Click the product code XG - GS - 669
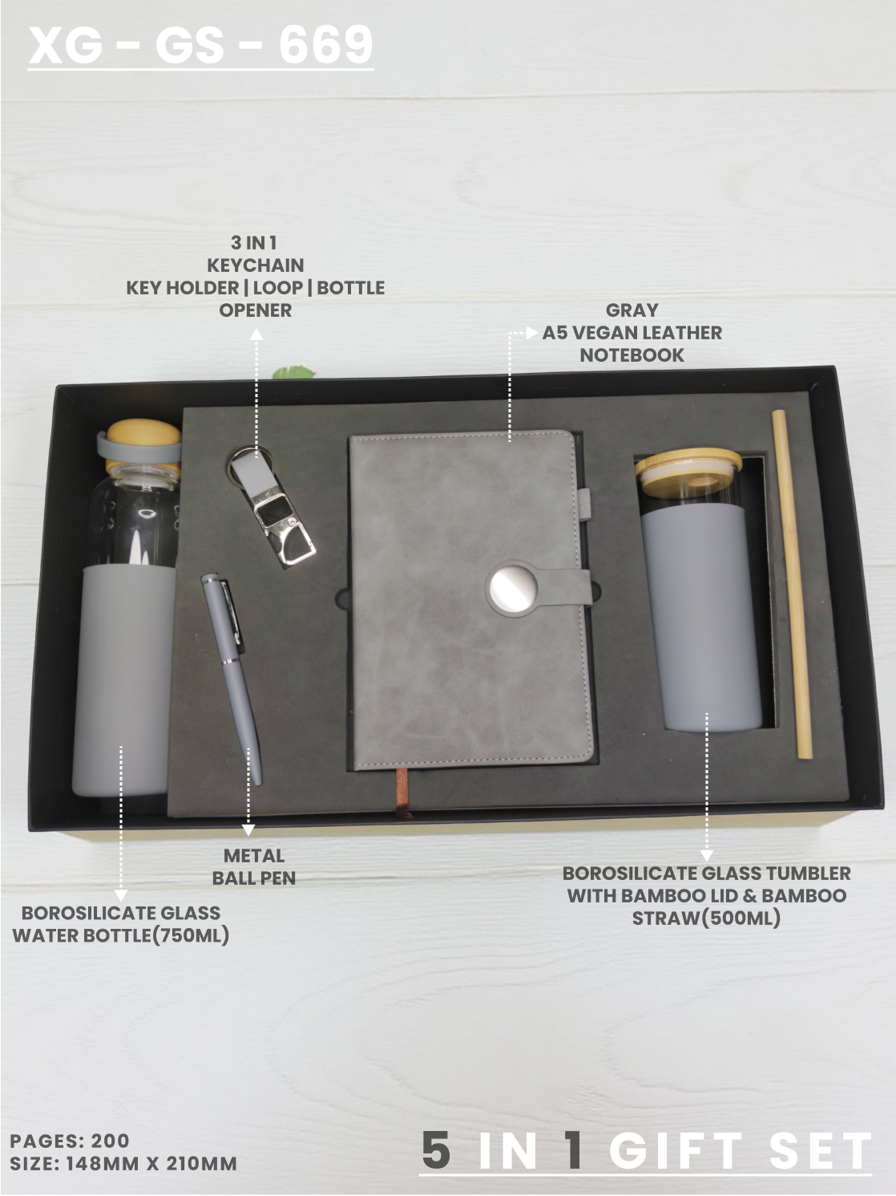[200, 45]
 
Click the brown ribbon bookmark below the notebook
[402, 793]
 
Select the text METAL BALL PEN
[254, 867]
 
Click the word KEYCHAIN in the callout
[256, 265]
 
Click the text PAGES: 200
[70, 1141]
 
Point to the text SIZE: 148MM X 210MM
[123, 1164]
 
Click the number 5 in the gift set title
[436, 1151]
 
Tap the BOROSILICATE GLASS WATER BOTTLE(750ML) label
[120, 924]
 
